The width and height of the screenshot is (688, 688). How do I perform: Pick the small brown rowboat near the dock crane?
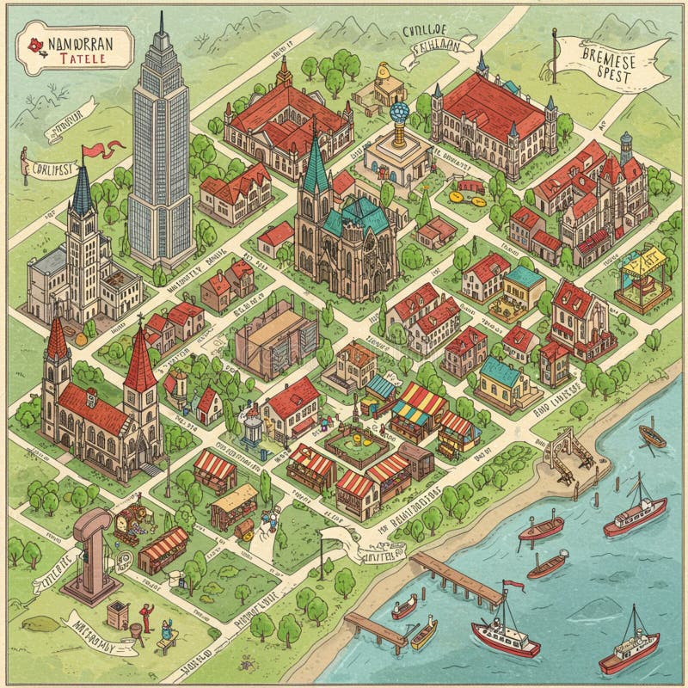652,438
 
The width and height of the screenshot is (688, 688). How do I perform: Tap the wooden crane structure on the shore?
564,456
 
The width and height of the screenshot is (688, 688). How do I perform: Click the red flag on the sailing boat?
514,587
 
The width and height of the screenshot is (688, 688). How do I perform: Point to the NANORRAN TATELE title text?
77,47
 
